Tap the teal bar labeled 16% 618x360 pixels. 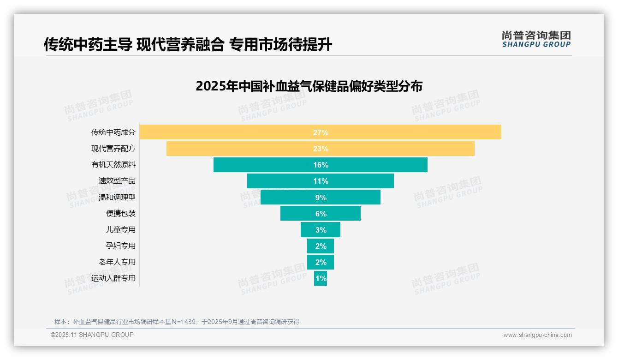tap(320, 165)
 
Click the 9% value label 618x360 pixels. tap(321, 198)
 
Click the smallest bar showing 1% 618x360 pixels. tap(320, 278)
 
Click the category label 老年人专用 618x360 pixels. tap(117, 262)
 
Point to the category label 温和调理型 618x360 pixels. tap(117, 198)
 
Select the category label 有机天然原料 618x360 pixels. tap(113, 165)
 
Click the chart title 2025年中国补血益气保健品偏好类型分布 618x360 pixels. tap(309, 86)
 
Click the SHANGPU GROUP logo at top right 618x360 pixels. tap(536, 39)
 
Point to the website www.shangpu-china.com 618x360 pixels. tap(537, 335)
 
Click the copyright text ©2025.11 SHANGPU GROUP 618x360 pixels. tap(92, 335)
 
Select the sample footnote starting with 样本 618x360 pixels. tap(177, 322)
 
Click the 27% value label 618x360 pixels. tap(321, 132)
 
